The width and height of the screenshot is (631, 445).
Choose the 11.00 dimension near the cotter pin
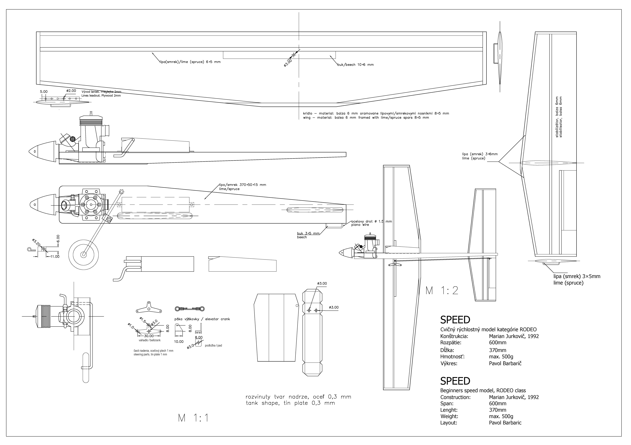54,257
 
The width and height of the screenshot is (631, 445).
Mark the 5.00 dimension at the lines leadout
44,92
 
